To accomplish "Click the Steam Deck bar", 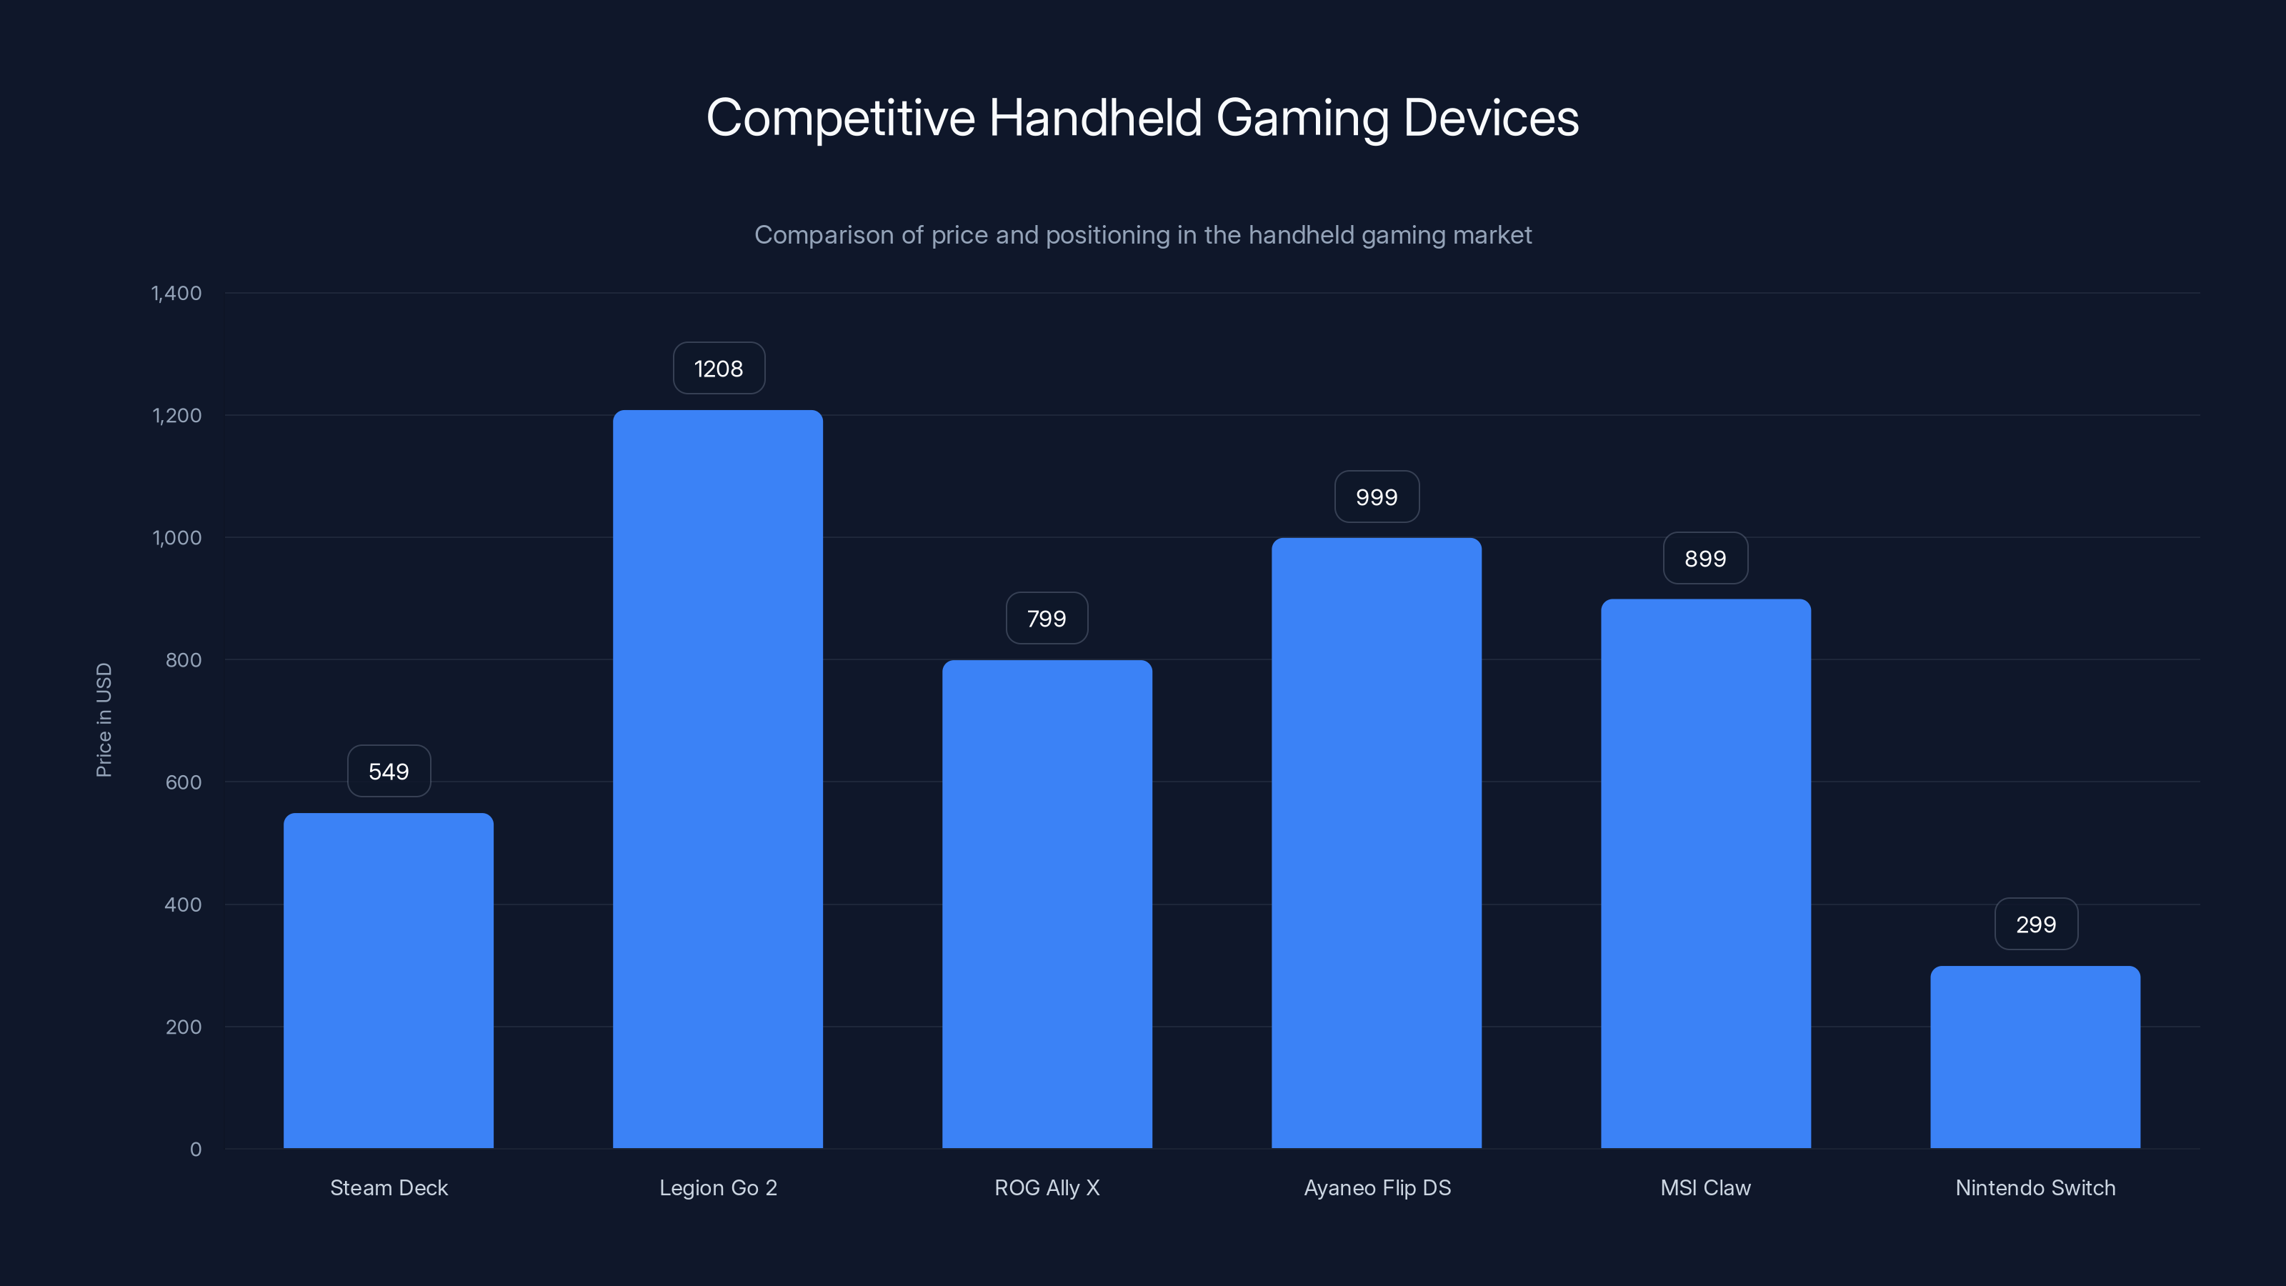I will tap(389, 981).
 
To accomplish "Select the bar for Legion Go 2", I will tap(718, 779).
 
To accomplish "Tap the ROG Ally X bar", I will tap(1047, 904).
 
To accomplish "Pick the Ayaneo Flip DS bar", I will tap(1377, 843).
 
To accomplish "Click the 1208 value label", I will tap(719, 369).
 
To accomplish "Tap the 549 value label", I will tap(389, 772).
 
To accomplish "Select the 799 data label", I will tap(1047, 619).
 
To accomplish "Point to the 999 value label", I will tap(1377, 497).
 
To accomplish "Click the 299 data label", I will tap(2036, 924).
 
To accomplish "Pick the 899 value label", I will tap(1706, 558).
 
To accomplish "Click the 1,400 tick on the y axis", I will tap(176, 294).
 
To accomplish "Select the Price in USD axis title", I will tap(104, 719).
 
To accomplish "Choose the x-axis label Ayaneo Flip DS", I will tap(1377, 1187).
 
